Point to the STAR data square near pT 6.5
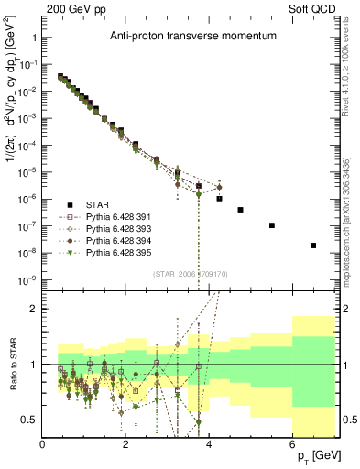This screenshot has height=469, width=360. (313, 245)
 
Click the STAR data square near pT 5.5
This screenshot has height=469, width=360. (272, 225)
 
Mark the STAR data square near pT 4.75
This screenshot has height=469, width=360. (240, 210)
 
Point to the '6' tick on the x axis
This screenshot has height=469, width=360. (292, 444)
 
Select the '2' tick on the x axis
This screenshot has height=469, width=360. (126, 444)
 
